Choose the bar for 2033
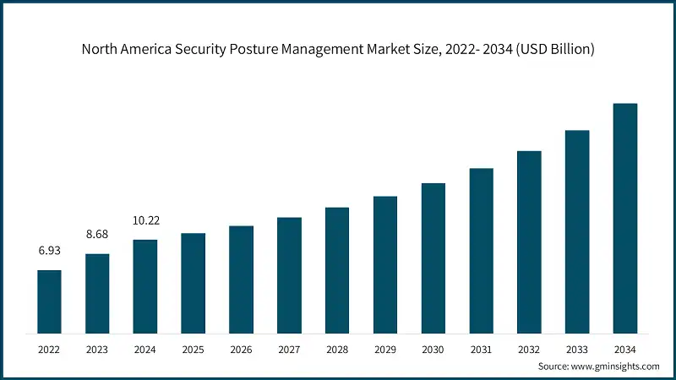577,230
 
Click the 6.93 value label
49,252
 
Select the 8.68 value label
97,235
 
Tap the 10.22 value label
145,220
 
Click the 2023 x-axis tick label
97,349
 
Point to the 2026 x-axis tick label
241,349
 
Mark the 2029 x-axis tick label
385,349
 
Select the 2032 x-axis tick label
529,349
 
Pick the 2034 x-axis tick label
624,349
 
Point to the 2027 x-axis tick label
289,349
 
